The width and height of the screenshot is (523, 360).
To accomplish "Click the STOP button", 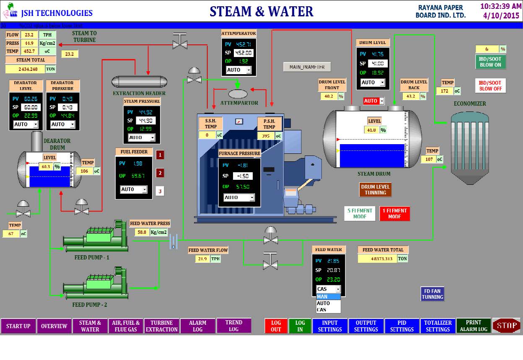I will (x=506, y=326).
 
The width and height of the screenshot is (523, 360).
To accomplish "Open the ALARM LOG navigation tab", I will (x=197, y=326).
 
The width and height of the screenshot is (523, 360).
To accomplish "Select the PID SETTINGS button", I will (x=402, y=326).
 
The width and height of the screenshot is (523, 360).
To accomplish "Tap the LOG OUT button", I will (x=276, y=326).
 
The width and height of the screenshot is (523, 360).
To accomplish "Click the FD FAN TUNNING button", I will (x=432, y=294).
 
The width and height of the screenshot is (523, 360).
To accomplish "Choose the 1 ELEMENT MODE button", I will (x=394, y=213).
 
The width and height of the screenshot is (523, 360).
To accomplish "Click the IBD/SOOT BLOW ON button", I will (x=490, y=62).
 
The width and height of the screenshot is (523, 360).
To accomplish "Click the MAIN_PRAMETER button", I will (x=307, y=67).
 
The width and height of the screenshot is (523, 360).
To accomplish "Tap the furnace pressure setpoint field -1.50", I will (x=242, y=176).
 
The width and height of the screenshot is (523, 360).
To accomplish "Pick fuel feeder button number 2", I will (x=160, y=173).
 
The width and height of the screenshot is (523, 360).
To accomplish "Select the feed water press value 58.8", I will (x=142, y=232).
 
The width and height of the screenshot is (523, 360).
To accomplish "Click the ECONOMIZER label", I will (x=470, y=104).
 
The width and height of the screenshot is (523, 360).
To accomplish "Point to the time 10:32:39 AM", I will (x=500, y=6).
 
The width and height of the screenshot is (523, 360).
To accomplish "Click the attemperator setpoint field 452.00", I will (x=243, y=52).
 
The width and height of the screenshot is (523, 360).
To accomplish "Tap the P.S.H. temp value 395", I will (x=266, y=136).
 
